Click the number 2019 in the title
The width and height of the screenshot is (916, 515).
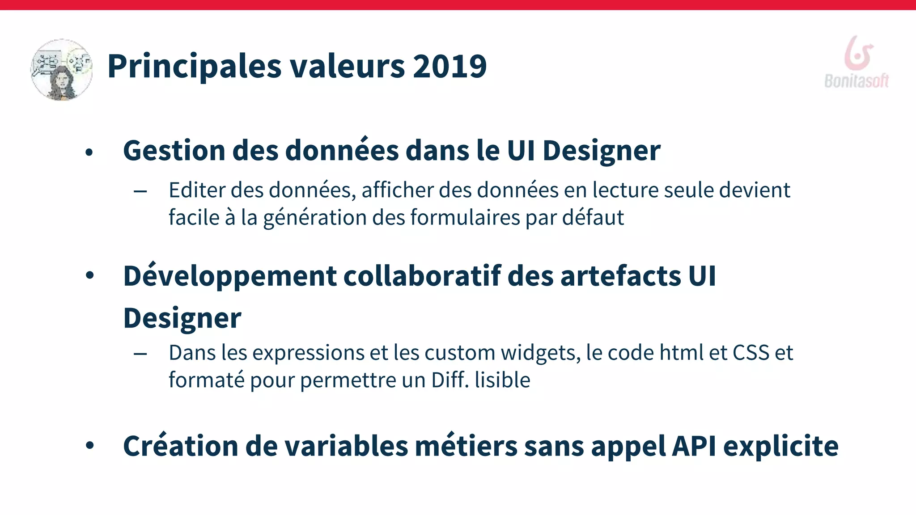(x=450, y=66)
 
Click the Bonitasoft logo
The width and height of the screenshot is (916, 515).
(x=857, y=63)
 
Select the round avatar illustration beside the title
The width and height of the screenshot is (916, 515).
(x=62, y=70)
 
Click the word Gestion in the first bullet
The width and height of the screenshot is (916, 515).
(x=174, y=151)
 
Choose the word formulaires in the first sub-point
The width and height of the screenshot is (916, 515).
(x=465, y=218)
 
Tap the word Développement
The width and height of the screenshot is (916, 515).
(x=229, y=276)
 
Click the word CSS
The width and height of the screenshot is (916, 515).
(x=751, y=353)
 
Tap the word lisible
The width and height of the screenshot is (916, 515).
(x=502, y=380)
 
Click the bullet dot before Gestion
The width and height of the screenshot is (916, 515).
(x=89, y=152)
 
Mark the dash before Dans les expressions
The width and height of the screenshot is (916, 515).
(x=140, y=354)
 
